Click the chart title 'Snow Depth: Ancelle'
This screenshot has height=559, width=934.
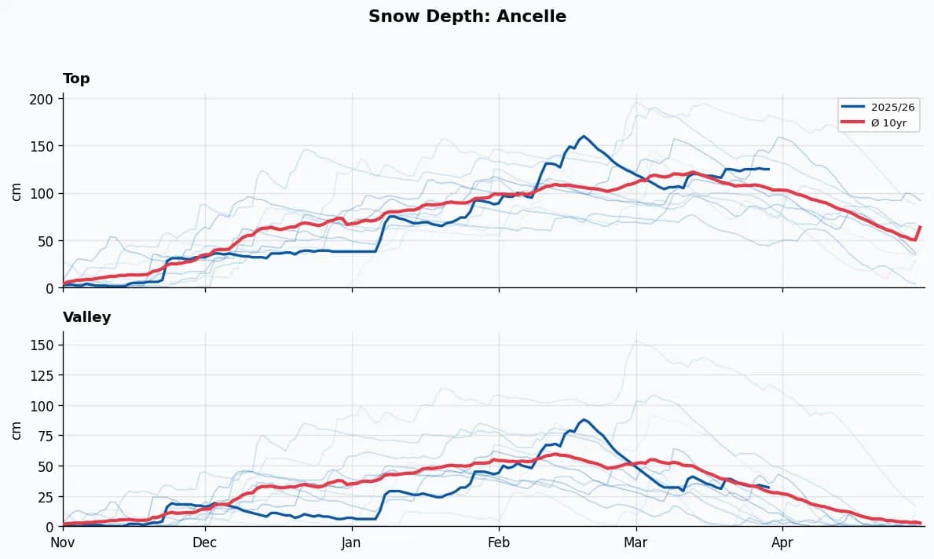(467, 16)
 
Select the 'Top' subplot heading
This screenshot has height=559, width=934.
(76, 79)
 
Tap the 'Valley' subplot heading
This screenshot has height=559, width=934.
(86, 317)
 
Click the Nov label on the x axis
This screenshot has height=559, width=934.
(63, 543)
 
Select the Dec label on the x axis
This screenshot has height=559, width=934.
(205, 543)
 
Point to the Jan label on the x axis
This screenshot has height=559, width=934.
(352, 543)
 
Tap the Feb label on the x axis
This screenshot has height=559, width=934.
(499, 543)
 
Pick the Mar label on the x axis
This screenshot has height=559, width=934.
(636, 543)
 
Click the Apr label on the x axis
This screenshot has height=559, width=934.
(782, 543)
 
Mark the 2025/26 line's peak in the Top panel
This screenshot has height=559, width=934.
(583, 136)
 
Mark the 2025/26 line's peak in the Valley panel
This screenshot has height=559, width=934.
(583, 419)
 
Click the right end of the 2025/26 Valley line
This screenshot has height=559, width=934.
(768, 488)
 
